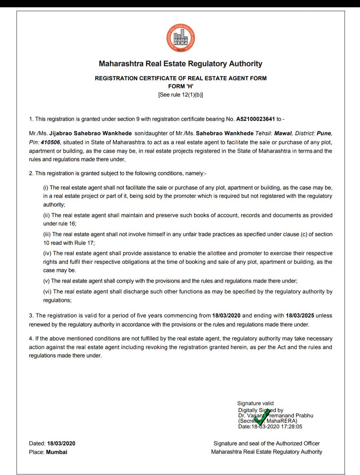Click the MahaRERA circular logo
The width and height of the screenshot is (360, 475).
pyautogui.click(x=181, y=38)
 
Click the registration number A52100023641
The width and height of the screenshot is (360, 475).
pyautogui.click(x=255, y=119)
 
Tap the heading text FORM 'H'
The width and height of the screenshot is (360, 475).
pyautogui.click(x=181, y=86)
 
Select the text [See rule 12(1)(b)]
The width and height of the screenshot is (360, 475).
pyautogui.click(x=181, y=95)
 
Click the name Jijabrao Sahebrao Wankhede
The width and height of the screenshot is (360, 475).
pyautogui.click(x=90, y=133)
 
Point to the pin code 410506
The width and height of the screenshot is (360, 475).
pyautogui.click(x=50, y=142)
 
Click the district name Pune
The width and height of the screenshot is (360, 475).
pyautogui.click(x=324, y=133)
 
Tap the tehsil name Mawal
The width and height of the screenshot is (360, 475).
pyautogui.click(x=283, y=133)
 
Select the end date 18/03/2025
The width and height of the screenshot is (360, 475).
pyautogui.click(x=300, y=315)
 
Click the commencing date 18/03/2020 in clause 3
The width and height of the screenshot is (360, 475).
pyautogui.click(x=226, y=315)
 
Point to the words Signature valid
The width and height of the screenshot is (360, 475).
pyautogui.click(x=255, y=403)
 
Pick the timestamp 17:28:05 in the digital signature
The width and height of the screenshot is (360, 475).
pyautogui.click(x=292, y=426)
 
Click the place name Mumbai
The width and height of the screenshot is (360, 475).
pyautogui.click(x=57, y=452)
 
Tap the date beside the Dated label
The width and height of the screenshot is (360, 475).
pyautogui.click(x=61, y=443)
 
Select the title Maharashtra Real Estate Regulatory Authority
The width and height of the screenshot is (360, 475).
pyautogui.click(x=181, y=64)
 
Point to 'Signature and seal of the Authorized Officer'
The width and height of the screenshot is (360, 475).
pyautogui.click(x=267, y=443)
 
